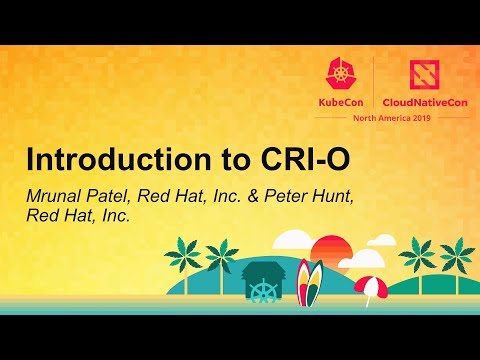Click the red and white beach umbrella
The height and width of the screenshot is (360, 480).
click(370, 287)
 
